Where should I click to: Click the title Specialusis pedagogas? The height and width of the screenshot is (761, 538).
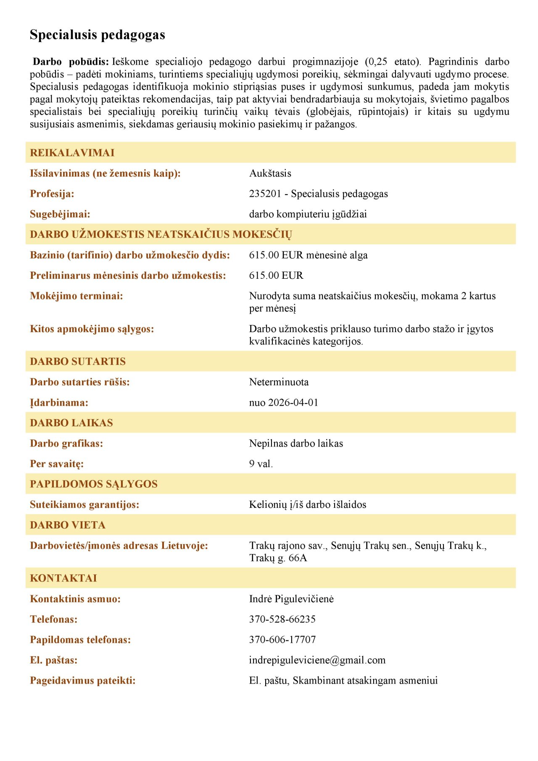click(x=97, y=35)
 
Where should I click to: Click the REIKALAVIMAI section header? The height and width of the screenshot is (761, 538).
click(x=72, y=153)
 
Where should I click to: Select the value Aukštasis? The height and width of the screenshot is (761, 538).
click(x=270, y=173)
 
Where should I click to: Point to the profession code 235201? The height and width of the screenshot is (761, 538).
click(x=265, y=194)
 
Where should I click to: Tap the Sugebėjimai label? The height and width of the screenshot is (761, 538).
click(x=60, y=214)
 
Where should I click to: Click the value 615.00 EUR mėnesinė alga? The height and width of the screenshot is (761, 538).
click(x=308, y=255)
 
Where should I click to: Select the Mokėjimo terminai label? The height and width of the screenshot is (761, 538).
click(x=76, y=296)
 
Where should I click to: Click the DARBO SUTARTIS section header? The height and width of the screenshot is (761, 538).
click(x=78, y=362)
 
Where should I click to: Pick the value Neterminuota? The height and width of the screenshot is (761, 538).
click(x=279, y=382)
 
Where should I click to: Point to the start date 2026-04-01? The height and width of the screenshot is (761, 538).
click(x=293, y=403)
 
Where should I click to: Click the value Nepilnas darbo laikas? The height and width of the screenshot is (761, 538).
click(x=296, y=444)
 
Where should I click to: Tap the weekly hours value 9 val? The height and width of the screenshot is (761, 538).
click(x=261, y=464)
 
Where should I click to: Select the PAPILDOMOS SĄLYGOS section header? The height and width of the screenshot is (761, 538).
click(x=94, y=484)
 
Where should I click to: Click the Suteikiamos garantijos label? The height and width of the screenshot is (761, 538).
click(x=84, y=505)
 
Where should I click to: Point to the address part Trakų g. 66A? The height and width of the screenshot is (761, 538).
click(x=278, y=558)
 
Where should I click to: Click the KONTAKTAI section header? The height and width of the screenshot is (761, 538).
click(x=63, y=578)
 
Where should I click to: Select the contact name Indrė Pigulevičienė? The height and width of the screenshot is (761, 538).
click(x=291, y=599)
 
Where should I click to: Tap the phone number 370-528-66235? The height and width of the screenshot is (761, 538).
click(x=282, y=619)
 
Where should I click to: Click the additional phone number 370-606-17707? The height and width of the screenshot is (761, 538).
click(x=282, y=639)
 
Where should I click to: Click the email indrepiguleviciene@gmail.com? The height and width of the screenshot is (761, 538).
click(x=317, y=660)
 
